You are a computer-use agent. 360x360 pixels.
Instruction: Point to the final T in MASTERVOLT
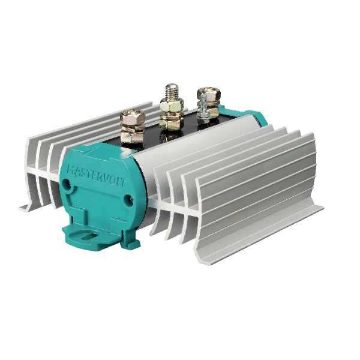123,182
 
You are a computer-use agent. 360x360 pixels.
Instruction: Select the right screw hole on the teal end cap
129,199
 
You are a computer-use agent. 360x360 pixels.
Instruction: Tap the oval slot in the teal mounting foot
91,236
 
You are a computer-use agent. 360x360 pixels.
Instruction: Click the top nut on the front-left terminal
133,117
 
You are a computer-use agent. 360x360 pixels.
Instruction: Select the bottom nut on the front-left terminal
132,136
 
